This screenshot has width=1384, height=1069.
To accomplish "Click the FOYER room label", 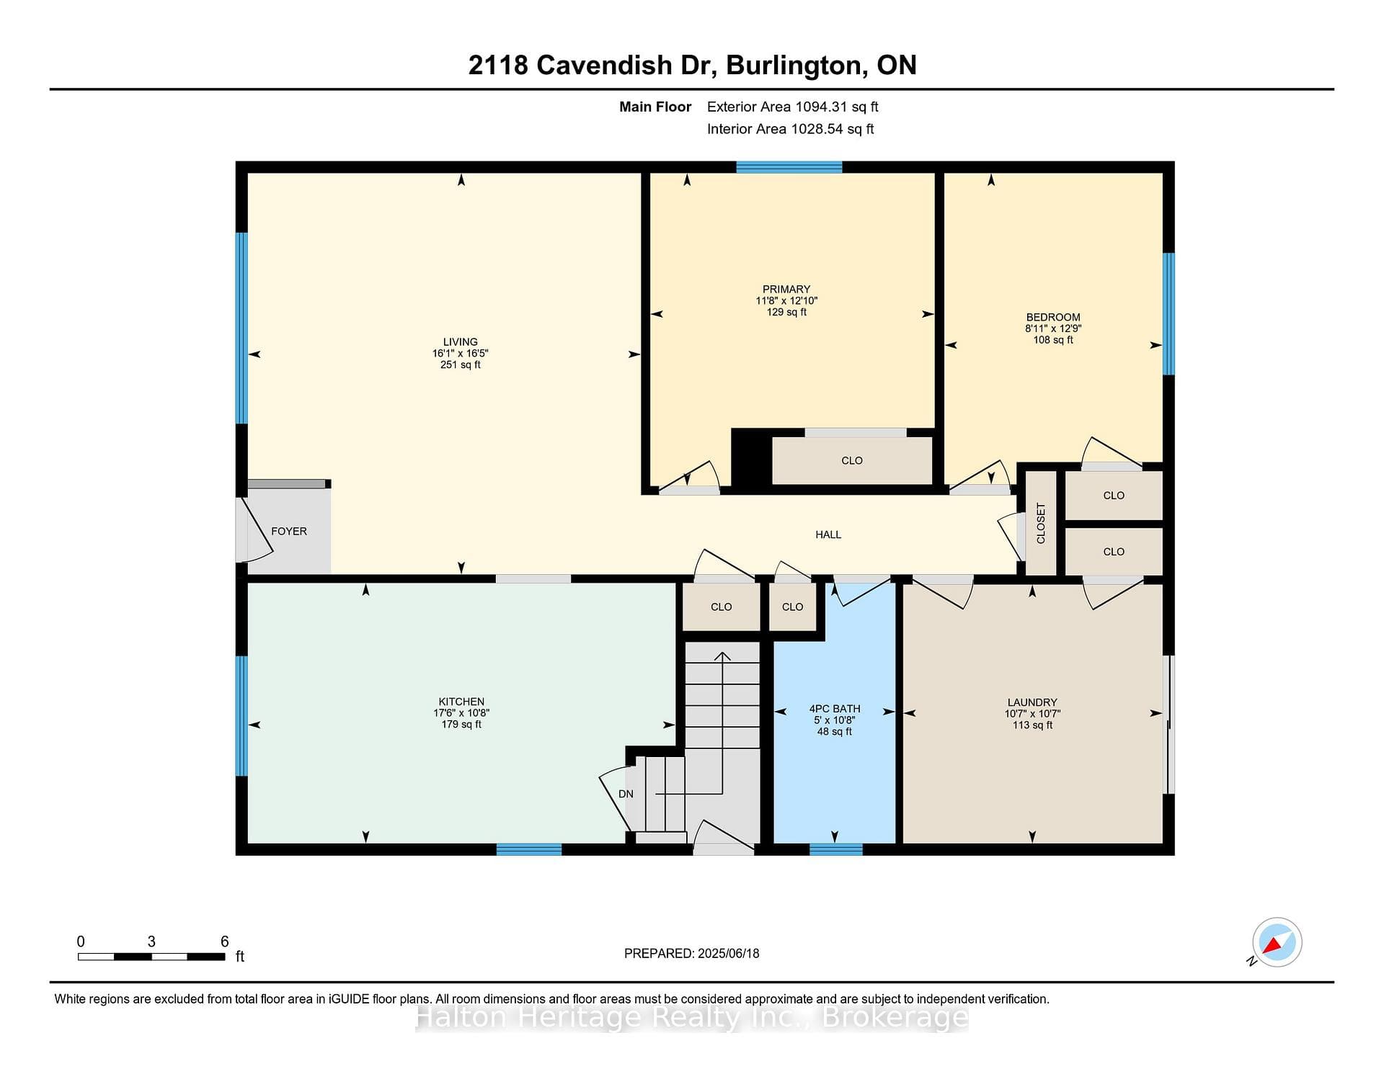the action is point(289,532).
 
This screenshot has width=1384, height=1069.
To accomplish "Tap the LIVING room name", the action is point(461,342).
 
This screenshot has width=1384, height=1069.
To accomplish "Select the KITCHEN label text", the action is point(461,702).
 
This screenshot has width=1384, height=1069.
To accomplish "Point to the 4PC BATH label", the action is point(835,709).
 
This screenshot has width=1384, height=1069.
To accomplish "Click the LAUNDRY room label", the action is point(1032,702).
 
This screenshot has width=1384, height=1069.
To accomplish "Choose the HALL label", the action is point(828,534).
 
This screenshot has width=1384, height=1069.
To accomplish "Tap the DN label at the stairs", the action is point(626,794).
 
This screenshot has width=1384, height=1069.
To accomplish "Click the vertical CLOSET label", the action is point(1041,524).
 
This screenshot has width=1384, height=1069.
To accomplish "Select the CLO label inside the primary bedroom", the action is point(852,460).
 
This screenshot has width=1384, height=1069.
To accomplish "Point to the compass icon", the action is point(1277,942).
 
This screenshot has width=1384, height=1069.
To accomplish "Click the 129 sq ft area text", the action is point(786,312).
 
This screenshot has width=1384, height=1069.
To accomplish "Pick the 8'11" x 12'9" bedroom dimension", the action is point(1053,328).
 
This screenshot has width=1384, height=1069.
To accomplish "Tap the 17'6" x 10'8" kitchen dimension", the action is point(461,713).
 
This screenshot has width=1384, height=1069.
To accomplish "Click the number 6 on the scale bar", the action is point(225,941).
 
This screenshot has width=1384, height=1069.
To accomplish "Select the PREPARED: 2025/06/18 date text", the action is point(692,953).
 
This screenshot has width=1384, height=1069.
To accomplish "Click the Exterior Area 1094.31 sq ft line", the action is point(792,107).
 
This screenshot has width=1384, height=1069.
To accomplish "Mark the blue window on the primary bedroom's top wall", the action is point(789,167).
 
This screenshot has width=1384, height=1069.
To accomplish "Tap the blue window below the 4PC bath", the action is point(836,849).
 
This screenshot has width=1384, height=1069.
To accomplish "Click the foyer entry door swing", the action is point(254,530).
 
